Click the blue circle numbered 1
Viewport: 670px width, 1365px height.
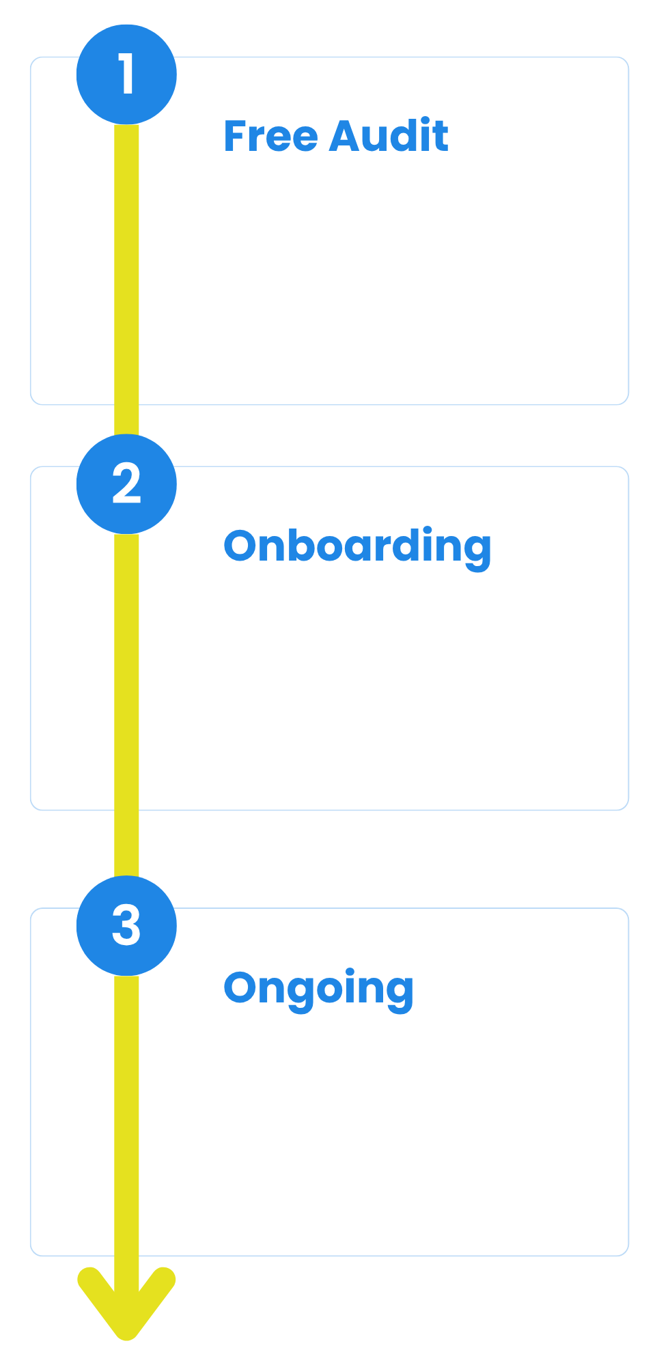126,74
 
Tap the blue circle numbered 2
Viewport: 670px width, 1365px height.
126,484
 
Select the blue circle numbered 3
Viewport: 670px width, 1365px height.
126,926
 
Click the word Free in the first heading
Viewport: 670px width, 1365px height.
271,136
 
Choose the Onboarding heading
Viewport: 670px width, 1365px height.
357,548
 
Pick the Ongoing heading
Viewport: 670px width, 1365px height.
319,989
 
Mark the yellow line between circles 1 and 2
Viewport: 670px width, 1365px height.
126,279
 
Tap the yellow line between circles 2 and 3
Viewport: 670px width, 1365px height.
126,705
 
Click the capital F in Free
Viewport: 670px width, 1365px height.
236,137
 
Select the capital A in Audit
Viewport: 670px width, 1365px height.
345,137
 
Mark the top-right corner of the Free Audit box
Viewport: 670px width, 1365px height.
628,57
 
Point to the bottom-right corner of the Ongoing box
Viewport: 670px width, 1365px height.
628,1255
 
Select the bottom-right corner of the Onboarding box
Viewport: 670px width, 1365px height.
628,810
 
